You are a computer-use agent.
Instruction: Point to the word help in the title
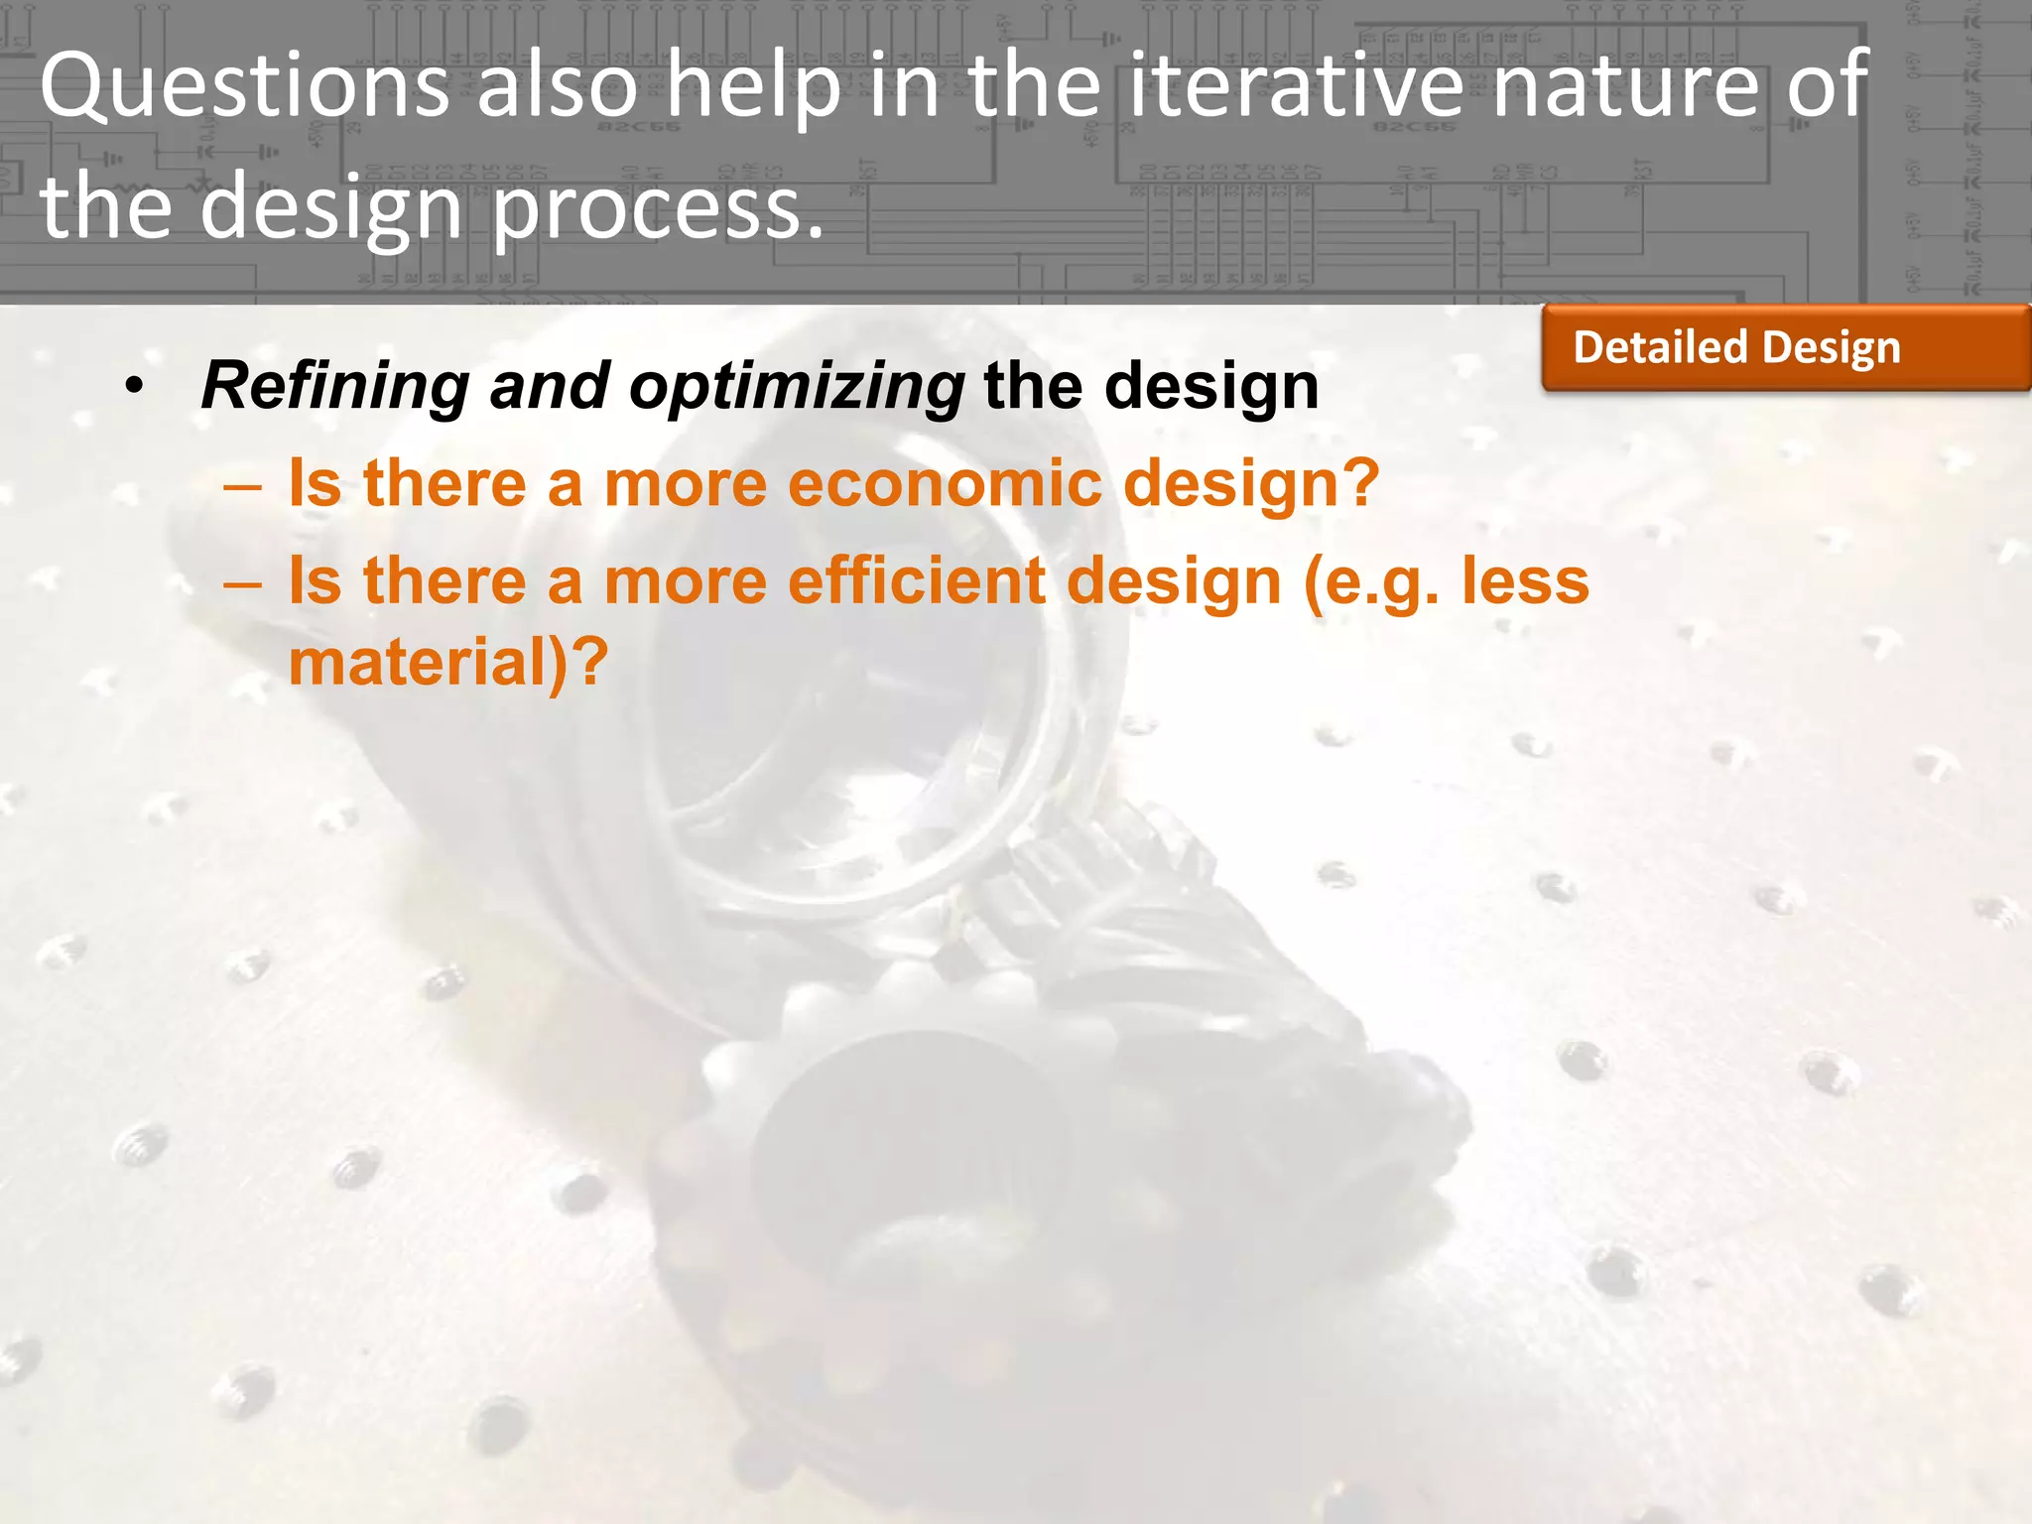point(753,87)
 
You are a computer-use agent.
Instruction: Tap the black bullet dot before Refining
point(135,386)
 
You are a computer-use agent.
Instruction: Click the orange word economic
point(946,483)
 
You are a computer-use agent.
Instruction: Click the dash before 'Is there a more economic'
point(243,487)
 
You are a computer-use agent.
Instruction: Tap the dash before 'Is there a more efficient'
point(243,584)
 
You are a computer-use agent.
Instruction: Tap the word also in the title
point(557,87)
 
